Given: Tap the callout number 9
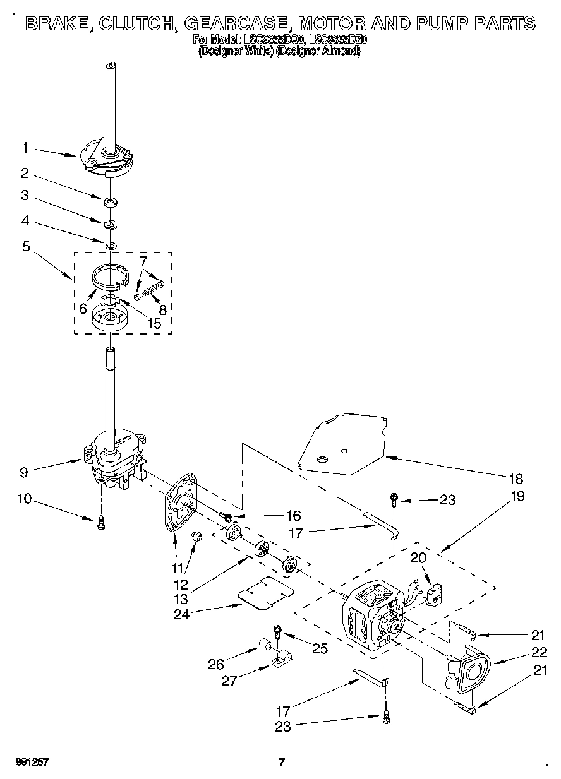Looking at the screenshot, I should point(24,470).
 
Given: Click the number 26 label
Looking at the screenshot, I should point(216,663).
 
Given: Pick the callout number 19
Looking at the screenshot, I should point(517,496).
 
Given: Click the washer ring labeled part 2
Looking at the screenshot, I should point(111,202).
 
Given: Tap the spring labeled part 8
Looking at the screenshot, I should point(149,292).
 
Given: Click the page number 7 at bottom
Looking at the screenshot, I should point(282,762).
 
